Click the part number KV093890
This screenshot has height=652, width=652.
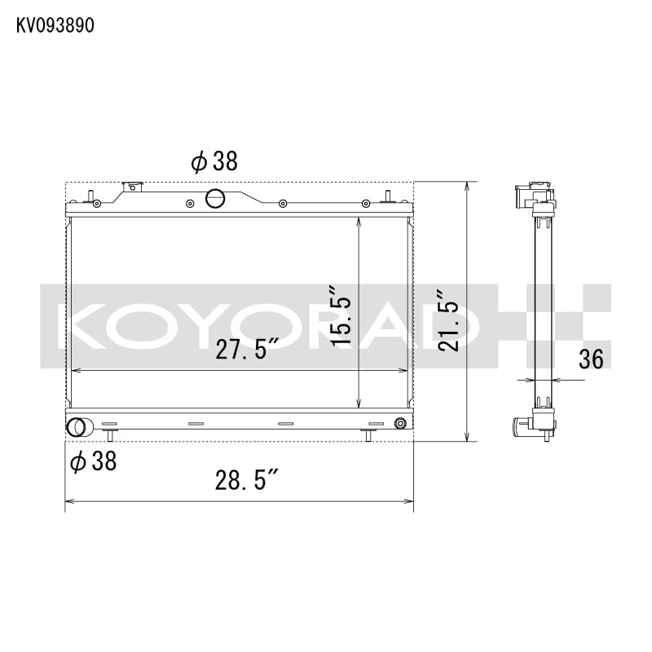point(55,25)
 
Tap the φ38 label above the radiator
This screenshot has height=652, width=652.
point(214,161)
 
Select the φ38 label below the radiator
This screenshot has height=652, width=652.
point(94,462)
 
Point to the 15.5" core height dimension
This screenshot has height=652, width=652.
point(341,315)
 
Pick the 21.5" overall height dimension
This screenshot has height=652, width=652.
point(448,320)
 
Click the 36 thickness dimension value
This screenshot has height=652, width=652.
point(591,359)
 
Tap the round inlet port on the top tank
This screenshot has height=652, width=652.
point(215,197)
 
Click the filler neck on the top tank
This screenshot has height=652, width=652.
point(132,187)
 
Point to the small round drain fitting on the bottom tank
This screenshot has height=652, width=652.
point(399,423)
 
